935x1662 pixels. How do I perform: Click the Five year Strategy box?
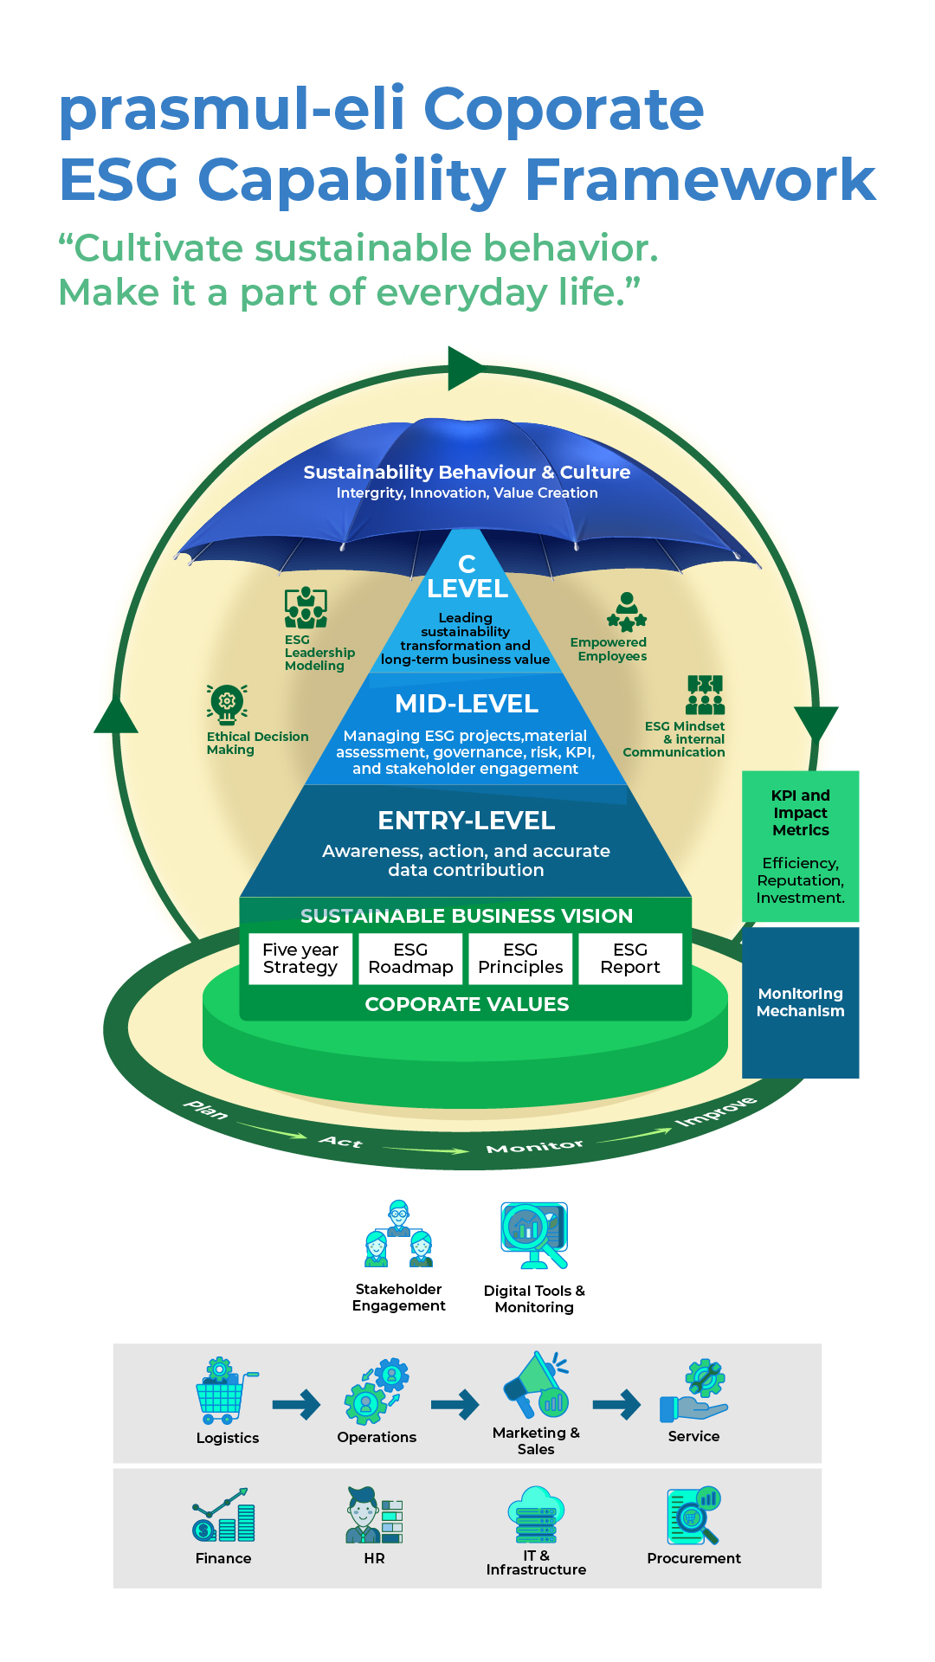click(300, 958)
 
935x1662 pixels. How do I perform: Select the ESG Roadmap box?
click(410, 958)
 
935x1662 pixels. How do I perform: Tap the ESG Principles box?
click(520, 958)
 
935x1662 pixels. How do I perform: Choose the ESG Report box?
click(630, 958)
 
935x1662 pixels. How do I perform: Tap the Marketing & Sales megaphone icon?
click(536, 1384)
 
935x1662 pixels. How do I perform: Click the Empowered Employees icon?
click(627, 612)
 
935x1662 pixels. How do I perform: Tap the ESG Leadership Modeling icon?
click(306, 608)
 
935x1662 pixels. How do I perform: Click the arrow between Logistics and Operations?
click(296, 1404)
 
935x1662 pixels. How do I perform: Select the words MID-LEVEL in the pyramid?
click(467, 704)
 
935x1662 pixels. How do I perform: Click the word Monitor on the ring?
click(535, 1147)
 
